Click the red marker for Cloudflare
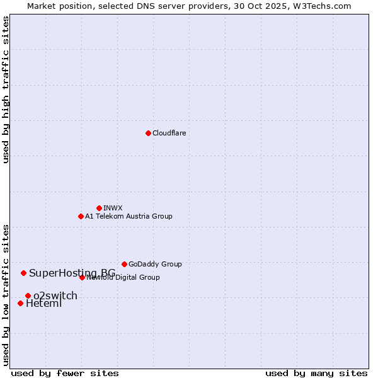(148, 133)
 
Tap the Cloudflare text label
(169, 133)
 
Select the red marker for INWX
(99, 208)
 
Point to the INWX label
(113, 208)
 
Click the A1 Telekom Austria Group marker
(81, 216)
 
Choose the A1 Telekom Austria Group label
(129, 216)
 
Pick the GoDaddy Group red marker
(124, 264)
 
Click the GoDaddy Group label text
(155, 264)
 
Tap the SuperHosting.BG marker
(23, 273)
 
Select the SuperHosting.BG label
(72, 273)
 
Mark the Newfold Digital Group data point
(82, 277)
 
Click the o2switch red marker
(28, 295)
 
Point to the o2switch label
(55, 295)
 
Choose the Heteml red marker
(20, 303)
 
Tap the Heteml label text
(43, 304)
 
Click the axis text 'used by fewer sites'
(65, 373)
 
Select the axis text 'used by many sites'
(316, 373)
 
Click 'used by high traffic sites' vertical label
(6, 89)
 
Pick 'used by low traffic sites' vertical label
(6, 294)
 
